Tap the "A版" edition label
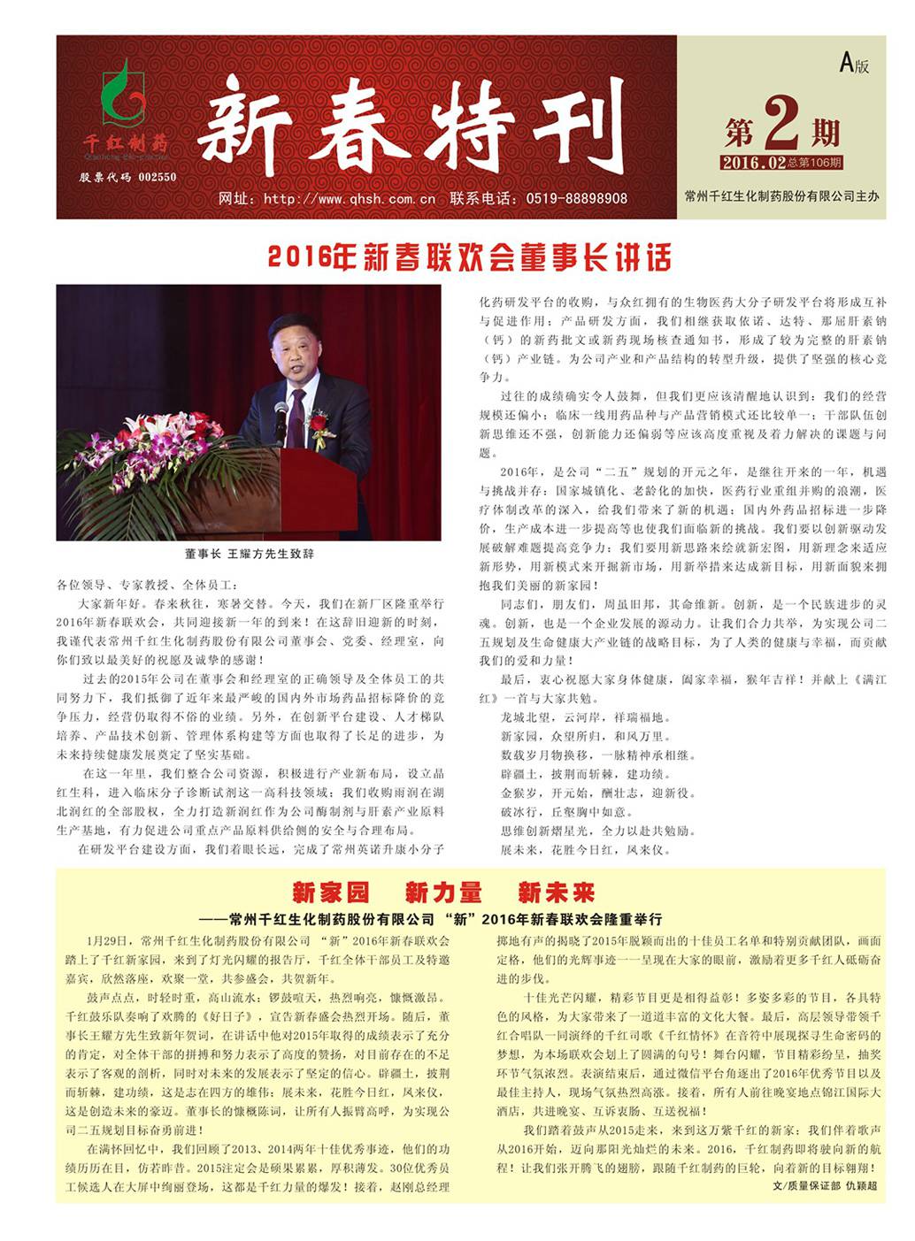[x=854, y=64]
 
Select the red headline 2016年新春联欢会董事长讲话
[x=469, y=257]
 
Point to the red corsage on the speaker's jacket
[x=318, y=425]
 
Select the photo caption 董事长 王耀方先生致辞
[x=249, y=554]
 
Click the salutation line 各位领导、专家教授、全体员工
[x=147, y=585]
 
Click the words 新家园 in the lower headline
[x=330, y=892]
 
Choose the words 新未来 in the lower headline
[x=557, y=892]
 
